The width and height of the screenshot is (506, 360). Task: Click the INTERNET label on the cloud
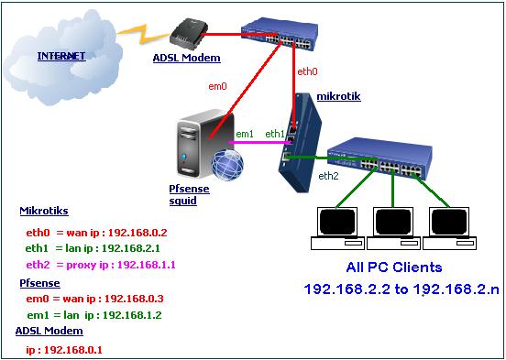pos(61,56)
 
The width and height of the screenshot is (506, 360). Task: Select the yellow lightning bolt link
pos(144,34)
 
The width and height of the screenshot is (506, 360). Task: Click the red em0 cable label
pos(217,86)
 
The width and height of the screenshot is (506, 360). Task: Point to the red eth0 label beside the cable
pos(307,71)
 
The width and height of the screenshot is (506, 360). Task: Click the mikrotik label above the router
pos(338,96)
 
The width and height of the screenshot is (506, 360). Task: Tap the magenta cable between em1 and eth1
pos(258,142)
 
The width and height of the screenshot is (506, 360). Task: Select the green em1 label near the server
pos(245,134)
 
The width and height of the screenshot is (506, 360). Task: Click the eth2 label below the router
pos(328,176)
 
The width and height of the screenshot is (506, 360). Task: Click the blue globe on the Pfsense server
pos(227,165)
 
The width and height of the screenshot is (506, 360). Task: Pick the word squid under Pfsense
pos(183,201)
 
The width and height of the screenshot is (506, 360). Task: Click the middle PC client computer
pos(393,229)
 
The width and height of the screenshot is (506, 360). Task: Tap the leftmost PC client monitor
pos(337,223)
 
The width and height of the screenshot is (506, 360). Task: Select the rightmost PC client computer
pos(449,229)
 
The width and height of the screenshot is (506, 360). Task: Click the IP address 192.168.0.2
pos(137,233)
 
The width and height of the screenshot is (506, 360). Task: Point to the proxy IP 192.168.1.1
pos(146,265)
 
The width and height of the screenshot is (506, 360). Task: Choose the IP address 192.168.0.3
pos(134,299)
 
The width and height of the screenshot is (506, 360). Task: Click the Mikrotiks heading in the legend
pos(44,211)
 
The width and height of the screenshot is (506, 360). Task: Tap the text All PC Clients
pos(394,267)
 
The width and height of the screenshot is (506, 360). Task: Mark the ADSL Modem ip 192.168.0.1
pos(73,350)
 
